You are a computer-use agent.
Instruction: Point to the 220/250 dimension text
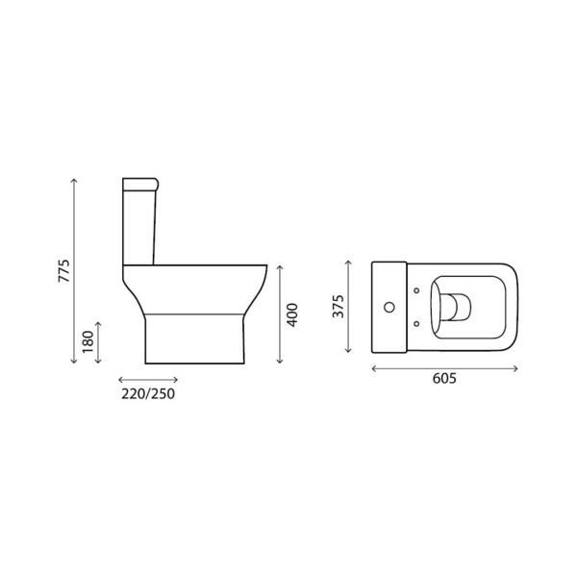[x=147, y=393]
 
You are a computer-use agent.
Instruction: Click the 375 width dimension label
[x=338, y=307]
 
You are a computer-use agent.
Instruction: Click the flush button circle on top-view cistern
[x=390, y=308]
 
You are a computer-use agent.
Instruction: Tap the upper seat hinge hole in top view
[x=415, y=289]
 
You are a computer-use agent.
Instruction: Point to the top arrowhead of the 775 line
[x=74, y=180]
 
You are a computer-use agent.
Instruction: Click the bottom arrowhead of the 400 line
[x=279, y=364]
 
